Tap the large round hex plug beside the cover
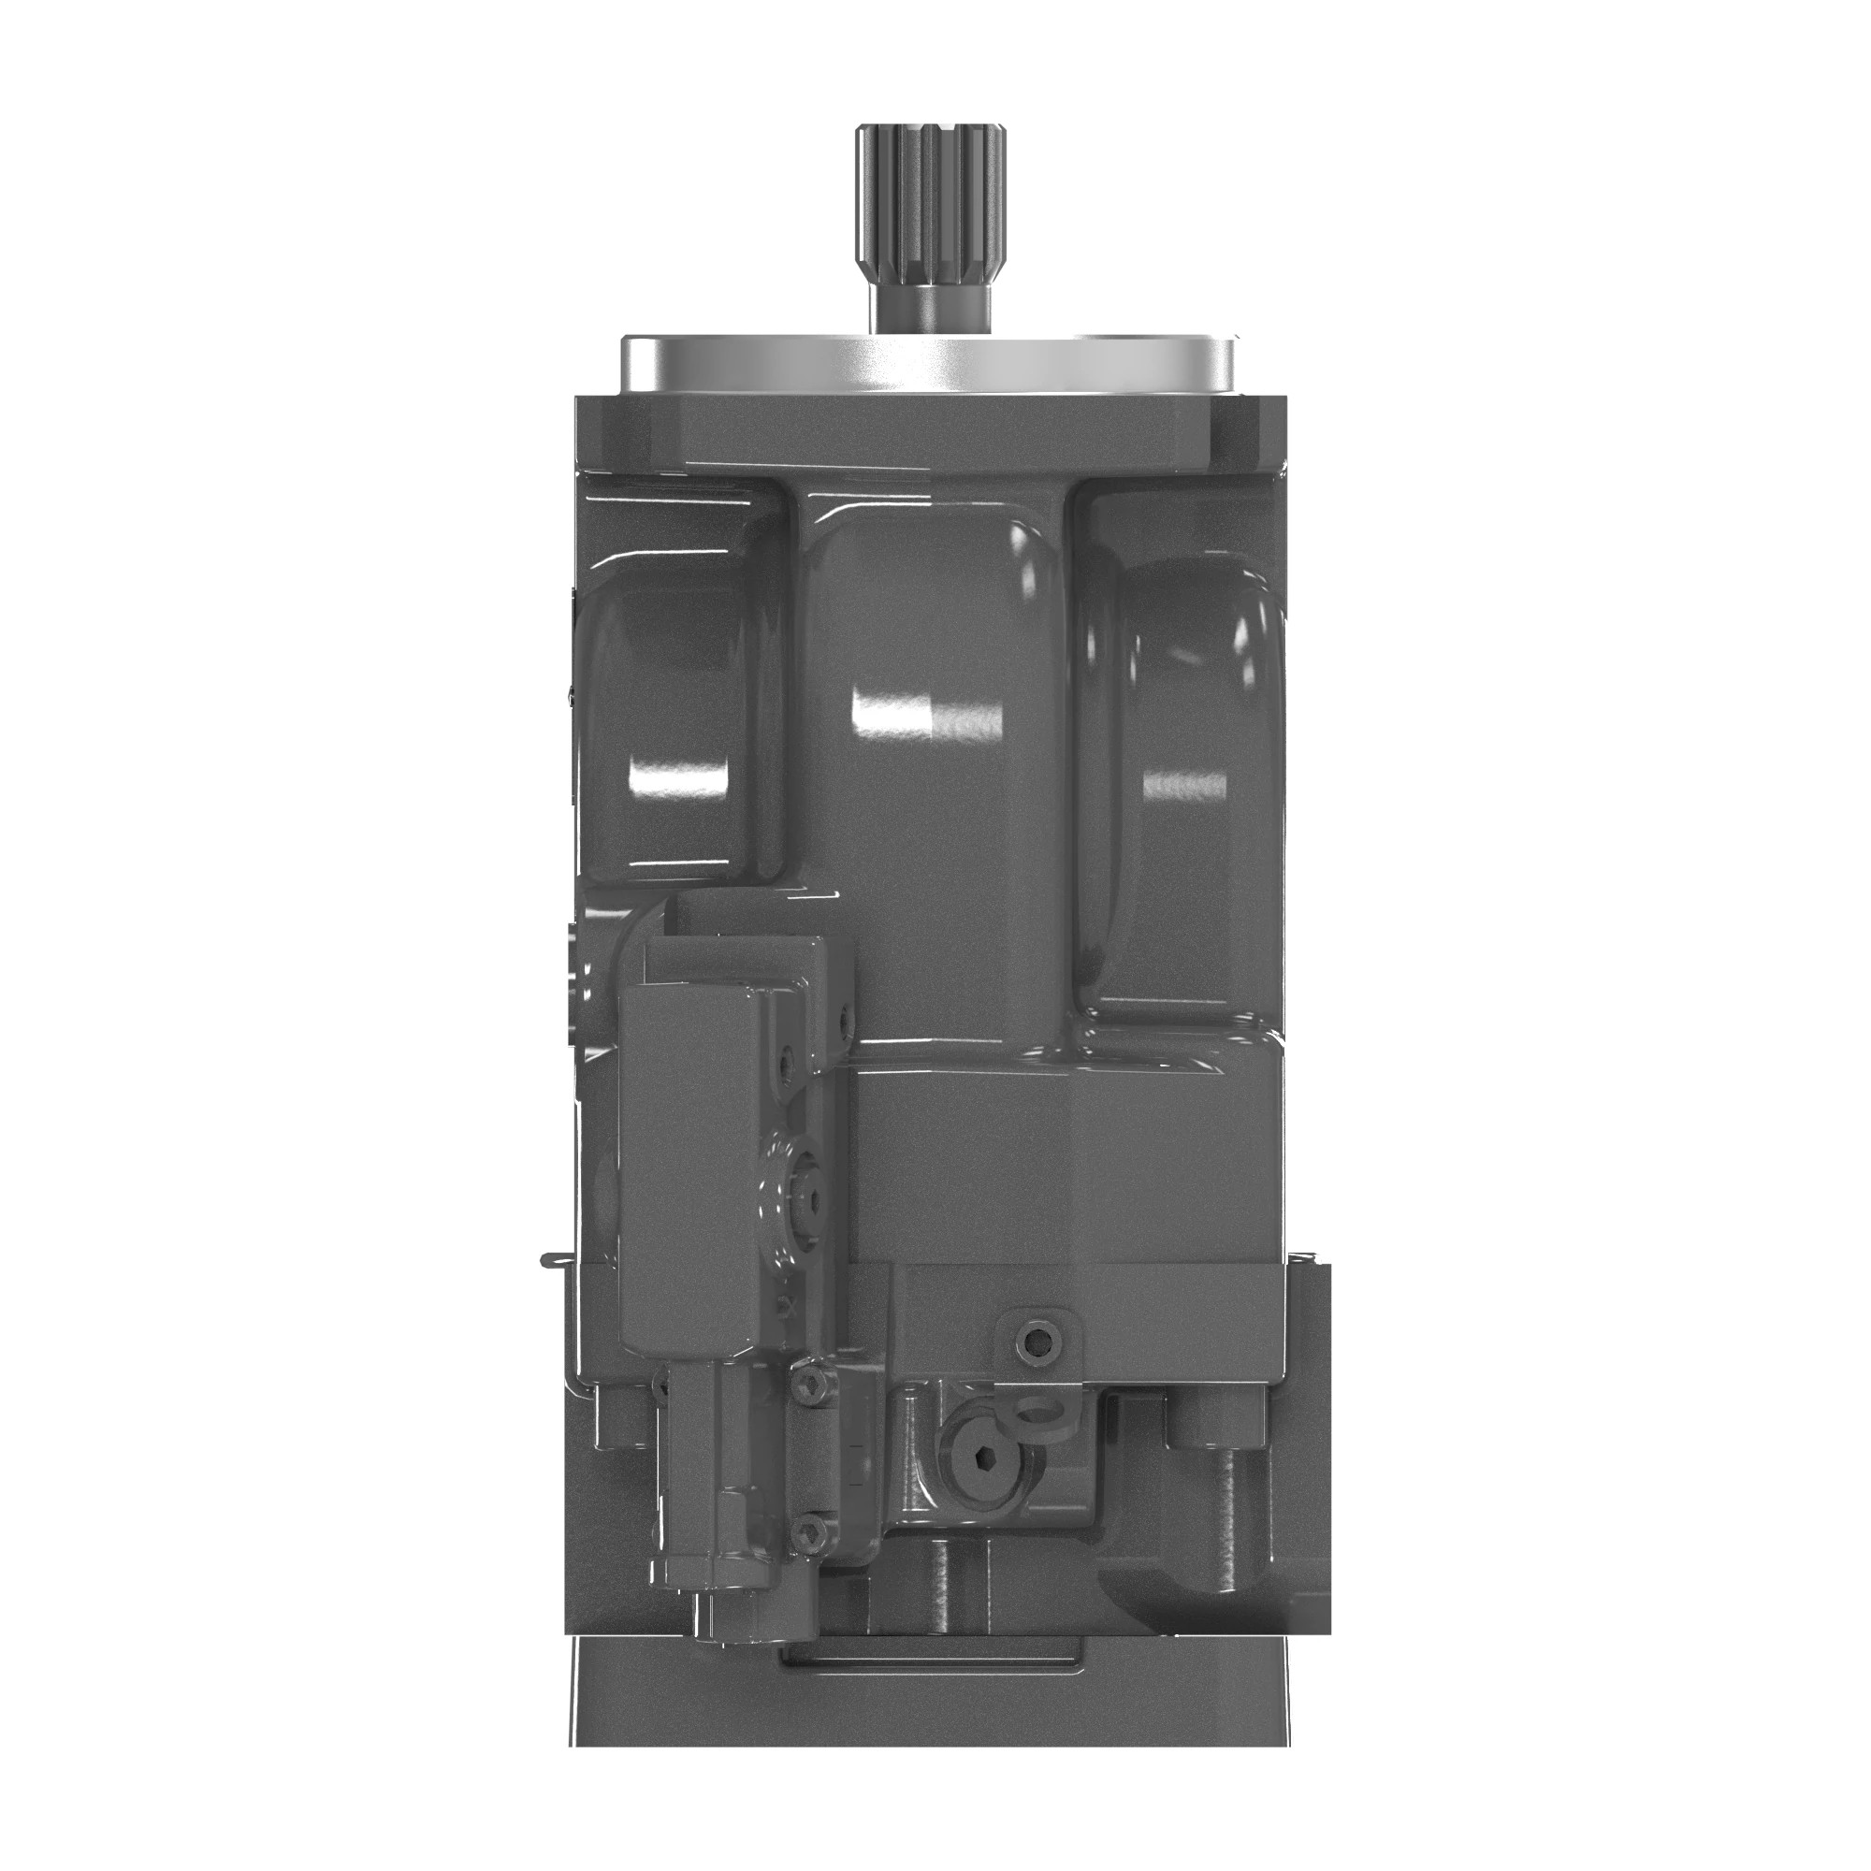pyautogui.click(x=796, y=1201)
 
